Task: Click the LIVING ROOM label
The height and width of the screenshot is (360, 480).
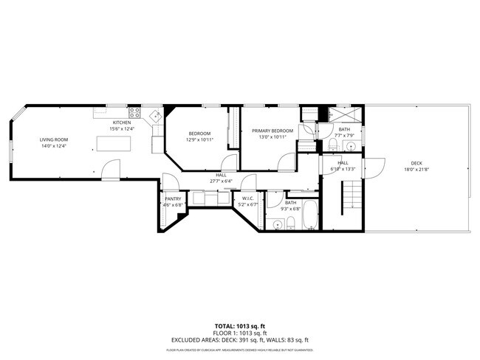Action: pyautogui.click(x=53, y=139)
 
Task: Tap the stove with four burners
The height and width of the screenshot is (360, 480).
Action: pyautogui.click(x=135, y=113)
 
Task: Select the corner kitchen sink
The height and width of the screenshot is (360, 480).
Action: pyautogui.click(x=155, y=116)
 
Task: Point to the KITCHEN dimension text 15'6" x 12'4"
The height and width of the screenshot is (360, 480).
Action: pyautogui.click(x=122, y=129)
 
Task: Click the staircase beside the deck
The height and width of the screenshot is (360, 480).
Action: pyautogui.click(x=352, y=196)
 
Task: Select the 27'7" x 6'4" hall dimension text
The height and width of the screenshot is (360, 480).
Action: pyautogui.click(x=222, y=181)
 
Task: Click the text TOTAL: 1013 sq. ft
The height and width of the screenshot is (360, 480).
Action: pyautogui.click(x=239, y=325)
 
